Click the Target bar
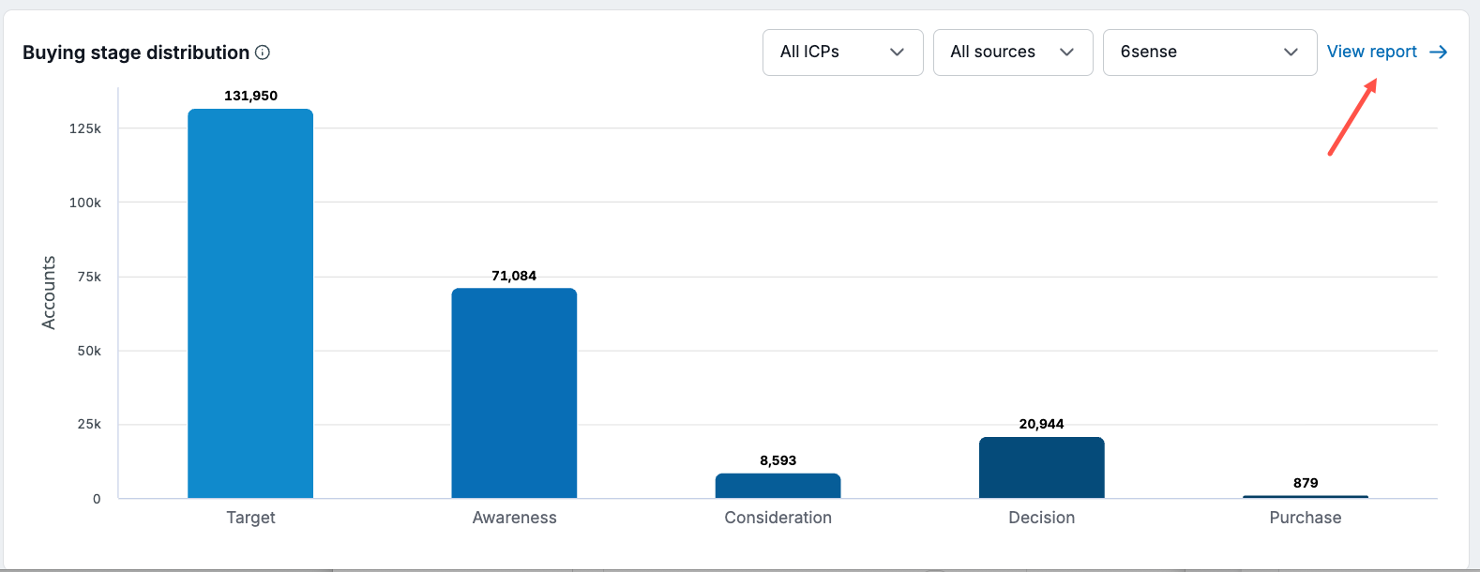click(x=250, y=303)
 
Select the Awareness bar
click(x=514, y=393)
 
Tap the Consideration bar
click(x=778, y=486)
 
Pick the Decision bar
click(x=1041, y=468)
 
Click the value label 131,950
click(x=250, y=96)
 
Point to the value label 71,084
click(x=514, y=276)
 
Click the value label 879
click(x=1306, y=483)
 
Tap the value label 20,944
click(x=1041, y=424)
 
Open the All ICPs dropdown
click(x=842, y=53)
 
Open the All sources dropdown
click(x=1013, y=53)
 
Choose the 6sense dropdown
click(x=1210, y=53)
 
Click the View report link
click(x=1387, y=52)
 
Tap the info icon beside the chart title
click(x=263, y=53)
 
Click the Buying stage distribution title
click(x=136, y=53)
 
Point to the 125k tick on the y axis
click(x=85, y=128)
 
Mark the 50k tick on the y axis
click(x=89, y=351)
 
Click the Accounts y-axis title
click(x=48, y=293)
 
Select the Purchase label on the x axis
click(x=1305, y=518)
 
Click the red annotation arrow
click(x=1352, y=117)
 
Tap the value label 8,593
click(x=778, y=460)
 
